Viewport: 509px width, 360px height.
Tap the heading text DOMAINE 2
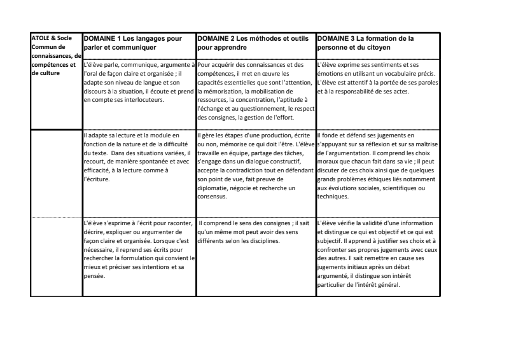tap(217, 38)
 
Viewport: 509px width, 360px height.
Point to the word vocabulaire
tap(387, 74)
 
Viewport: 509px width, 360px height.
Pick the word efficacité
tap(102, 170)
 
